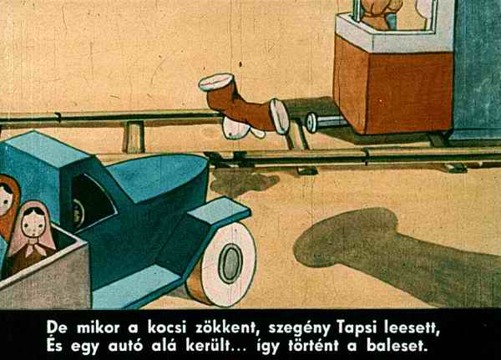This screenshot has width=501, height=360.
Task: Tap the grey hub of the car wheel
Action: (230, 263)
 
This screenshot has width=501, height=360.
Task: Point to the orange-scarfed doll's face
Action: (6, 200)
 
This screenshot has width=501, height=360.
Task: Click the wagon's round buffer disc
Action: (311, 123)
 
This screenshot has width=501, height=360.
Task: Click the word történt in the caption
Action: (313, 345)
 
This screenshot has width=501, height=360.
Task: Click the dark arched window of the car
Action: (93, 200)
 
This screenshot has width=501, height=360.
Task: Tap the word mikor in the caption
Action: (98, 327)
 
